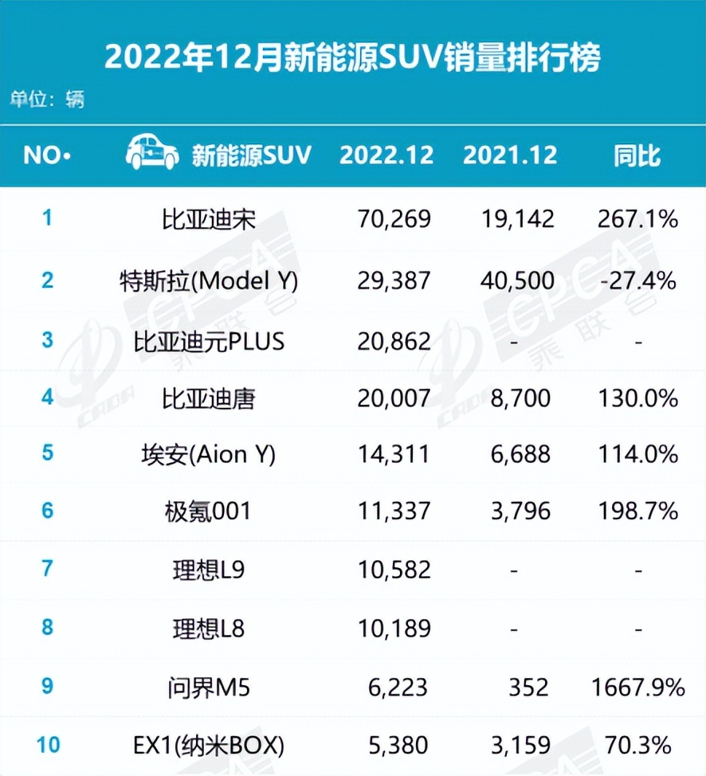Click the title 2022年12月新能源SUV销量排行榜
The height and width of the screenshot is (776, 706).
click(x=352, y=57)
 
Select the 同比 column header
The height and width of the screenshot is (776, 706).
click(x=637, y=155)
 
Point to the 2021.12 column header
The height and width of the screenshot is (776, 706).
click(x=510, y=155)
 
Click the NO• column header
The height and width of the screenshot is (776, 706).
click(x=47, y=155)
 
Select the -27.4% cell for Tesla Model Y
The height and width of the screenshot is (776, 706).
click(x=637, y=280)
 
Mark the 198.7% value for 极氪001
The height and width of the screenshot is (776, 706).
click(x=637, y=511)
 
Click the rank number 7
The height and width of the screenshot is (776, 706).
click(x=47, y=569)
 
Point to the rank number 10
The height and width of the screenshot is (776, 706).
click(x=47, y=746)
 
